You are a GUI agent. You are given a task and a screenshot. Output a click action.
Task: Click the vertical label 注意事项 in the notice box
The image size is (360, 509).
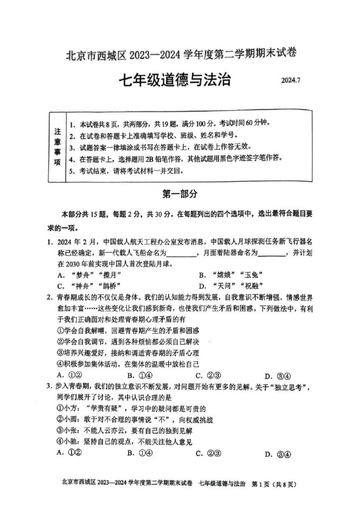point(57,147)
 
